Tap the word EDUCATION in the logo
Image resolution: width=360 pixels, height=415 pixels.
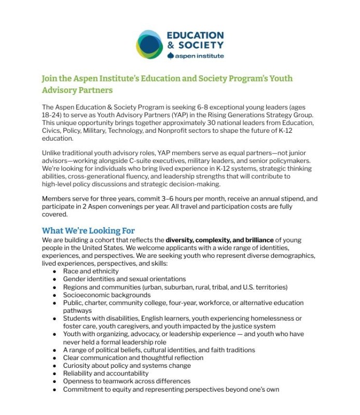coord(195,35)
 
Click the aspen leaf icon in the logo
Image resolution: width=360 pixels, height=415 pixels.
coord(171,56)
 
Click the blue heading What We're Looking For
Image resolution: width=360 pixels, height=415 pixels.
coord(88,230)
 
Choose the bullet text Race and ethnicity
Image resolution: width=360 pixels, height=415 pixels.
coord(91,271)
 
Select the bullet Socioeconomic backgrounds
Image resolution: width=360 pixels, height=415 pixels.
coord(107,295)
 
